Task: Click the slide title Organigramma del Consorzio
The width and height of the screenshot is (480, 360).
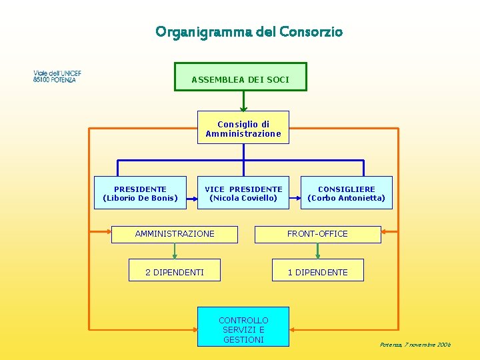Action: point(249,32)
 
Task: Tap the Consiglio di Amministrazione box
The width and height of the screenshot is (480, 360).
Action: point(243,127)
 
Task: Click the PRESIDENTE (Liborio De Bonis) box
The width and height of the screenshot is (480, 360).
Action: point(140,193)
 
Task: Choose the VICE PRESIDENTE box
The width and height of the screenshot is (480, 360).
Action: point(243,193)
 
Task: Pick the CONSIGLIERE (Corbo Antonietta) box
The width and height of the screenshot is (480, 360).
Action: point(346,193)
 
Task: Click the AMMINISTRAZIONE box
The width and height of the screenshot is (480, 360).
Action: point(175,234)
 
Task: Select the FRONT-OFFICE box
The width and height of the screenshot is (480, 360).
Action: point(317,234)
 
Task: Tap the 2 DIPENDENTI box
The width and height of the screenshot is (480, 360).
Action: point(175,272)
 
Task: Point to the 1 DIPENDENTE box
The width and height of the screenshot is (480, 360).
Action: point(317,272)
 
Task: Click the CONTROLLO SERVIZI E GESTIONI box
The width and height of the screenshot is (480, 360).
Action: point(243,327)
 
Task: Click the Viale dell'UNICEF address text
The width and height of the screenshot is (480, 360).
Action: point(57,76)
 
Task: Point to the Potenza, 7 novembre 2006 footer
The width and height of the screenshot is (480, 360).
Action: point(415,345)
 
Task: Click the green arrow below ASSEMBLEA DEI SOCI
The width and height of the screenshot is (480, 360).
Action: point(243,101)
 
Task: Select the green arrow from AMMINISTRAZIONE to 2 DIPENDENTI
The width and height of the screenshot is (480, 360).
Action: point(175,251)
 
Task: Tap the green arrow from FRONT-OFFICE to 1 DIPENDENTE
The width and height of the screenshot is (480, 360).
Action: point(317,251)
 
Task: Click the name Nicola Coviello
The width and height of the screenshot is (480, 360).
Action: point(243,198)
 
